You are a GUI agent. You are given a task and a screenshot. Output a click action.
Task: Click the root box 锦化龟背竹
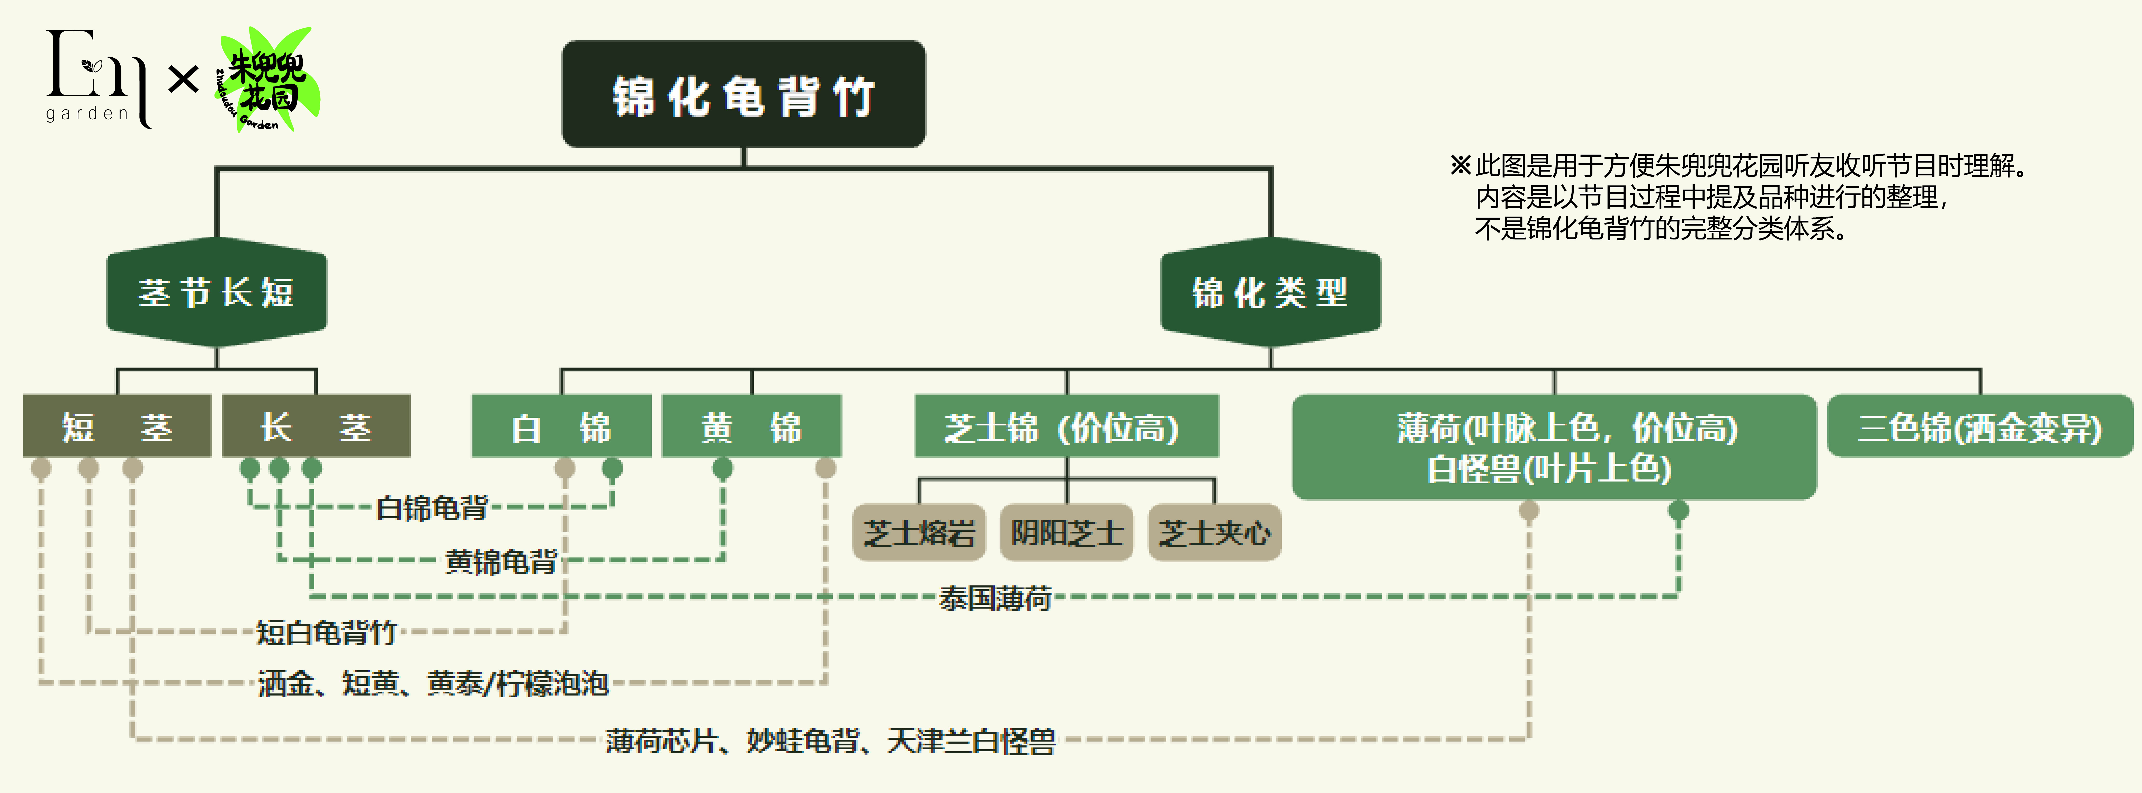coord(743,94)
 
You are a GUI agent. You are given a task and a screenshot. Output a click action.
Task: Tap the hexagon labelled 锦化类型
coord(1270,292)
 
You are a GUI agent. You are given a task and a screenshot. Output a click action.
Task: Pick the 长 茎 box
coord(316,426)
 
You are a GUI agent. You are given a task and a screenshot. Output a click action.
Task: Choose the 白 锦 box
coord(561,426)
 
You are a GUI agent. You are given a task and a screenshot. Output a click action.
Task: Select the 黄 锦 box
coord(752,426)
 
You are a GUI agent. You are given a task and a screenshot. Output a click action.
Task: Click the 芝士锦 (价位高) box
coord(1067,426)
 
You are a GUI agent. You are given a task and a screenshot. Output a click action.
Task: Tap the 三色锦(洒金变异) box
coord(1980,426)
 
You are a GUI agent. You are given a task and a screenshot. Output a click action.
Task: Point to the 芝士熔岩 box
coord(919,532)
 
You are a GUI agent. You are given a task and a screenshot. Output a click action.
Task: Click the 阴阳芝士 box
coord(1067,532)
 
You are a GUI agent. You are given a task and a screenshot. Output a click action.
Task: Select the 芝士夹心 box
coord(1215,532)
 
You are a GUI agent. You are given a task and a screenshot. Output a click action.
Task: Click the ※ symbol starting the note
coord(1461,165)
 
